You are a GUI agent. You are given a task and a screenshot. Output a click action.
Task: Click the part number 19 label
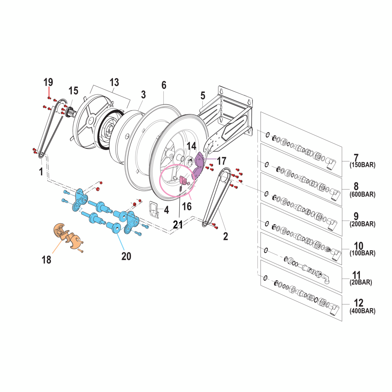[48, 82]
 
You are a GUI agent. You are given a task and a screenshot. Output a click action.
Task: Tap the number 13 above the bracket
[114, 82]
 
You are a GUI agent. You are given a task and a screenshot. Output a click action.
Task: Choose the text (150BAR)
[362, 165]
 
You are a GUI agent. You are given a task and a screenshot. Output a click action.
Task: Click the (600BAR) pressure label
[362, 194]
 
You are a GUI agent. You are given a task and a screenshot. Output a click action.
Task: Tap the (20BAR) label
[361, 282]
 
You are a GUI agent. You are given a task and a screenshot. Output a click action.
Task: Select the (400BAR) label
[362, 311]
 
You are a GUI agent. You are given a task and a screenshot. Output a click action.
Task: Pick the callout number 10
[358, 246]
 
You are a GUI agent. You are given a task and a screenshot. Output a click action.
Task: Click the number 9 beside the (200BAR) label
[356, 217]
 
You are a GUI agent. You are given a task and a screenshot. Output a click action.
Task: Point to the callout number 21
[178, 225]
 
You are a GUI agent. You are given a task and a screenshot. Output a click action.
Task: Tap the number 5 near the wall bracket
[203, 96]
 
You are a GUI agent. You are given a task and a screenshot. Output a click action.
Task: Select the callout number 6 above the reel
[164, 85]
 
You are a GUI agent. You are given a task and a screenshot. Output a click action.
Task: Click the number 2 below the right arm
[225, 236]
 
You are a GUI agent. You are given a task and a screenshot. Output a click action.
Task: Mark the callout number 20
[126, 256]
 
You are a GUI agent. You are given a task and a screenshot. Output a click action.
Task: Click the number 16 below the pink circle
[187, 206]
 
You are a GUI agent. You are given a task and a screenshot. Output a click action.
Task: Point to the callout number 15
[73, 91]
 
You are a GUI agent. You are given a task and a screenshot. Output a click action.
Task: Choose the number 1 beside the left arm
[41, 172]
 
